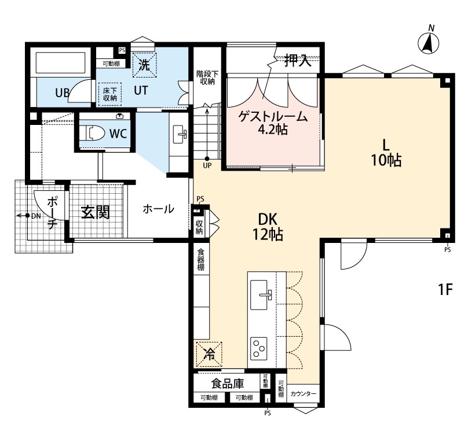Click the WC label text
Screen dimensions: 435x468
pos(118,134)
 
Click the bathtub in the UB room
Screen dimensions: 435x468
pos(61,63)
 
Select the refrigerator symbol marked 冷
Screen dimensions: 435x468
pos(209,354)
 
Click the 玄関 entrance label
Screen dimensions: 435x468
pos(95,212)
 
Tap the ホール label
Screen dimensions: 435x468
pos(158,209)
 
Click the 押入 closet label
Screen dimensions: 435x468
pos(298,61)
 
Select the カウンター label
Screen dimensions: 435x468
pos(304,394)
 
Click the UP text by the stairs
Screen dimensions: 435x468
pos(207,165)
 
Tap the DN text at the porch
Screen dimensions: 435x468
pos(36,215)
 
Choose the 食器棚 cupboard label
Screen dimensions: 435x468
pos(200,260)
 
